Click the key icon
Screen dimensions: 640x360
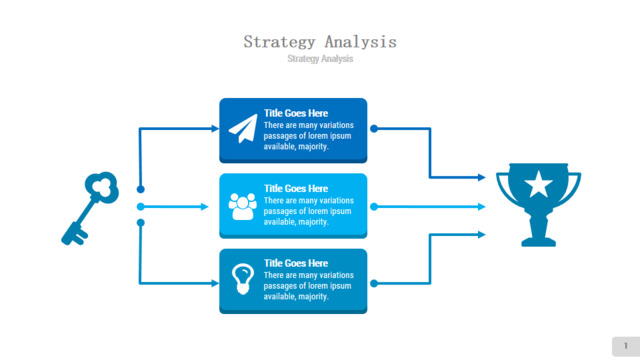click(90, 208)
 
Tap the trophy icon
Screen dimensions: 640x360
click(538, 204)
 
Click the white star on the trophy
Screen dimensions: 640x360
click(538, 184)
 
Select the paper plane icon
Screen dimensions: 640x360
click(243, 129)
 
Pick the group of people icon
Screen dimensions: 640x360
click(242, 206)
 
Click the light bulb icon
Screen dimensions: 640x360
click(243, 279)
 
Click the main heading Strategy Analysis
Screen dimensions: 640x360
click(320, 42)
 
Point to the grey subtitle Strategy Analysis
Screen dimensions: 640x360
click(320, 59)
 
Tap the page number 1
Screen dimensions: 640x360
click(626, 346)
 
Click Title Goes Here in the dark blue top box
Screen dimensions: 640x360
click(296, 113)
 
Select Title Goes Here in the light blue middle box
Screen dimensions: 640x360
click(296, 189)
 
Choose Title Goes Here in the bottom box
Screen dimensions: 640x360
click(296, 263)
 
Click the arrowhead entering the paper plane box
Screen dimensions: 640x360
click(215, 129)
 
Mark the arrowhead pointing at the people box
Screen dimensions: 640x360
click(204, 207)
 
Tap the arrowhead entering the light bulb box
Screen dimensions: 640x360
click(215, 283)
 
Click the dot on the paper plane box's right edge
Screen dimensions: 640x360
click(374, 129)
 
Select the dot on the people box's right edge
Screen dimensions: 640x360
click(374, 207)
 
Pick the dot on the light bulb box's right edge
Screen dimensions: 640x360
click(374, 283)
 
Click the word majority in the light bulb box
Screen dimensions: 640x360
click(313, 297)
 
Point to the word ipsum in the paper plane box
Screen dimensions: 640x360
click(340, 136)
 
